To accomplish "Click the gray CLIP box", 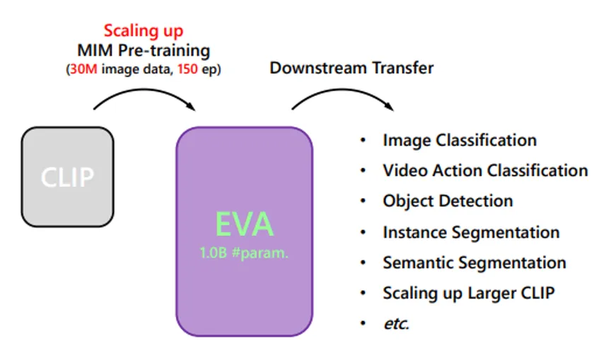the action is [67, 177].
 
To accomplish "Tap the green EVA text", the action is [244, 224].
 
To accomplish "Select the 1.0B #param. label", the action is [244, 253].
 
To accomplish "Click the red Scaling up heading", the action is [144, 31].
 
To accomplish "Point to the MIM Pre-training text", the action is [144, 51].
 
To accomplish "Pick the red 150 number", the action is [187, 69].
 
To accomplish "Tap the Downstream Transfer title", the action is [351, 68].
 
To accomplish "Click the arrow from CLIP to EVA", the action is [144, 91].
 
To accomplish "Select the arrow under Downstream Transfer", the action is [343, 91].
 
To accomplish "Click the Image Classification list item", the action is [460, 141].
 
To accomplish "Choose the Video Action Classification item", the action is [485, 170].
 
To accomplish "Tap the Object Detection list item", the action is [448, 202].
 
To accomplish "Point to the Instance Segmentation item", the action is [471, 233].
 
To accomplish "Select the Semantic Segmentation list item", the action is [475, 263].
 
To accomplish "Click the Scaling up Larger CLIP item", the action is [468, 294].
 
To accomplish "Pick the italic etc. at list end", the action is [396, 324].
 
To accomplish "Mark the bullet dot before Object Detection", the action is [363, 201].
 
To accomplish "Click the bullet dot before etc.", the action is [363, 323].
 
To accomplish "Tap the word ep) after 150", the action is [211, 70].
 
